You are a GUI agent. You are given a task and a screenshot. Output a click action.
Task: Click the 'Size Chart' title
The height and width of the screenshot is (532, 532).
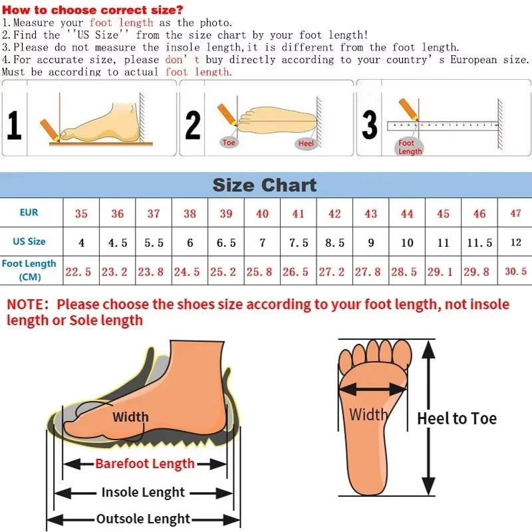265,185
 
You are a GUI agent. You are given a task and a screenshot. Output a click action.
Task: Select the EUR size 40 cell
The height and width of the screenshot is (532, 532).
263,213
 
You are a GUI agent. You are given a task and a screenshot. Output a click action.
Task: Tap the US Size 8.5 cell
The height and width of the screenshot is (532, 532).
334,243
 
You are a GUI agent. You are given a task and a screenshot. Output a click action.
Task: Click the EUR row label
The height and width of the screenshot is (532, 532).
29,213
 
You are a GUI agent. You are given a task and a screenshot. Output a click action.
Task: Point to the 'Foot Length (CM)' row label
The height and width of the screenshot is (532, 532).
29,270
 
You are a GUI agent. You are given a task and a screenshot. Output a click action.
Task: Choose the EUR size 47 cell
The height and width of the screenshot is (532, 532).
515,213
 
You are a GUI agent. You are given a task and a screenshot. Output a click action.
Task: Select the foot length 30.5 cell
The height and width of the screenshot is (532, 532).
515,271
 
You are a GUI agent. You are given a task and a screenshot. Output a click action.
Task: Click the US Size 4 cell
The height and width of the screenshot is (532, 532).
82,243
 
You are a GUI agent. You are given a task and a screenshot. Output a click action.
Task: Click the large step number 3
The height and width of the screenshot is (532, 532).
370,124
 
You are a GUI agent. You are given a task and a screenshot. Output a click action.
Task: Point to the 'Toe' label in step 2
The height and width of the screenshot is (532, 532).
229,142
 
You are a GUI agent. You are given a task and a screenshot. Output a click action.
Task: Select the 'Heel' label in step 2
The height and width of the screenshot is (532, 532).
306,144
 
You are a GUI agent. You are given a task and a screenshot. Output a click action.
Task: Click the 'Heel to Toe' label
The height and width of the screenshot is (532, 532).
457,418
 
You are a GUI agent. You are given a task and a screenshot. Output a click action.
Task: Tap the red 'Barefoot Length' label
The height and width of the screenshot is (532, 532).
145,464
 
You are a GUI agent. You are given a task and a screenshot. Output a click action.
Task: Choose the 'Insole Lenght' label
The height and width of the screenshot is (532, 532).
143,493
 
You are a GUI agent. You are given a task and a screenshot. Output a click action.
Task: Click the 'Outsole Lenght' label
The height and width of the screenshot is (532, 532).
143,519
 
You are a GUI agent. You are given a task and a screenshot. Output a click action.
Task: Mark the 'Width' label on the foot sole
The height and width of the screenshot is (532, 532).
368,415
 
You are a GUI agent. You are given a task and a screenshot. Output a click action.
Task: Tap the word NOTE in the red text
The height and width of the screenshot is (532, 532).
27,305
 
